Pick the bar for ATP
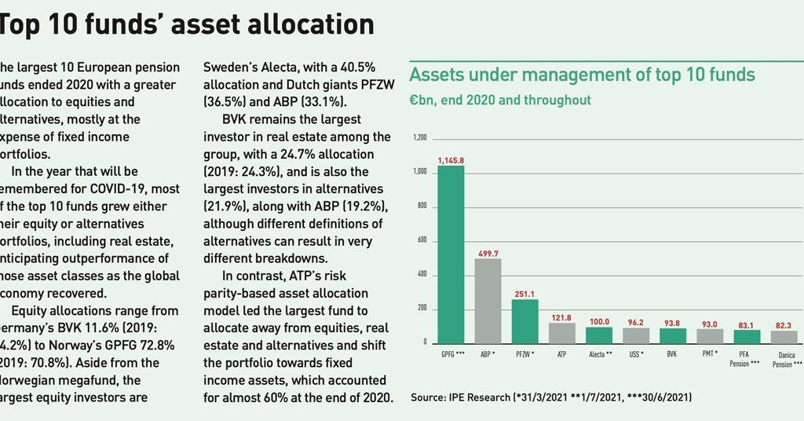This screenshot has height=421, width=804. pyautogui.click(x=562, y=332)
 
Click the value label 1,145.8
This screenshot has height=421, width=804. pyautogui.click(x=451, y=160)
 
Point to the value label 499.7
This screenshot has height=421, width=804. pyautogui.click(x=488, y=254)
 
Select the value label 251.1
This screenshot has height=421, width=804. pyautogui.click(x=525, y=294)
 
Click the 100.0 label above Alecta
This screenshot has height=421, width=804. pyautogui.click(x=599, y=322)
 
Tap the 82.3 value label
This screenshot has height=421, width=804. pyautogui.click(x=784, y=325)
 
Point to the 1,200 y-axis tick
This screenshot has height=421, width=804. pyautogui.click(x=419, y=138)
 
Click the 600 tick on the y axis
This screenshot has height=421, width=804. pyautogui.click(x=421, y=240)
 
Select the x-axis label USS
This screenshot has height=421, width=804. pyautogui.click(x=636, y=355)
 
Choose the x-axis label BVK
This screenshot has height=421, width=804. pyautogui.click(x=672, y=355)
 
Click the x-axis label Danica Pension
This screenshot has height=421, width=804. pyautogui.click(x=785, y=360)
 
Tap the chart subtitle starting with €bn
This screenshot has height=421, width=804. pyautogui.click(x=500, y=101)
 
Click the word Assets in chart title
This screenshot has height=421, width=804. pyautogui.click(x=437, y=75)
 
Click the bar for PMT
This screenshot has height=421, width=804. pyautogui.click(x=710, y=335)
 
